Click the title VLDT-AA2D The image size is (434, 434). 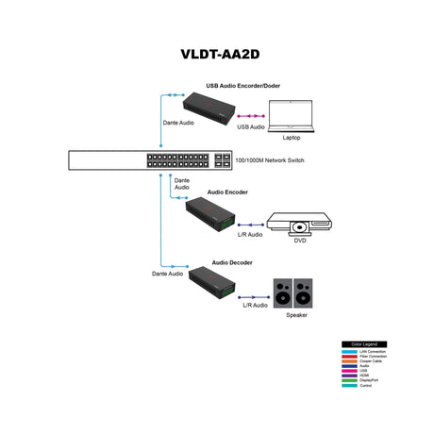pos(218,54)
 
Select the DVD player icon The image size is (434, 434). pos(298,224)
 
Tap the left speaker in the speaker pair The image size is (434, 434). pos(282,292)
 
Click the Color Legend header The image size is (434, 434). pos(363,344)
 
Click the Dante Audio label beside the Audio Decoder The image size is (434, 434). pos(167,274)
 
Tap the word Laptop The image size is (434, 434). pos(292,138)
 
